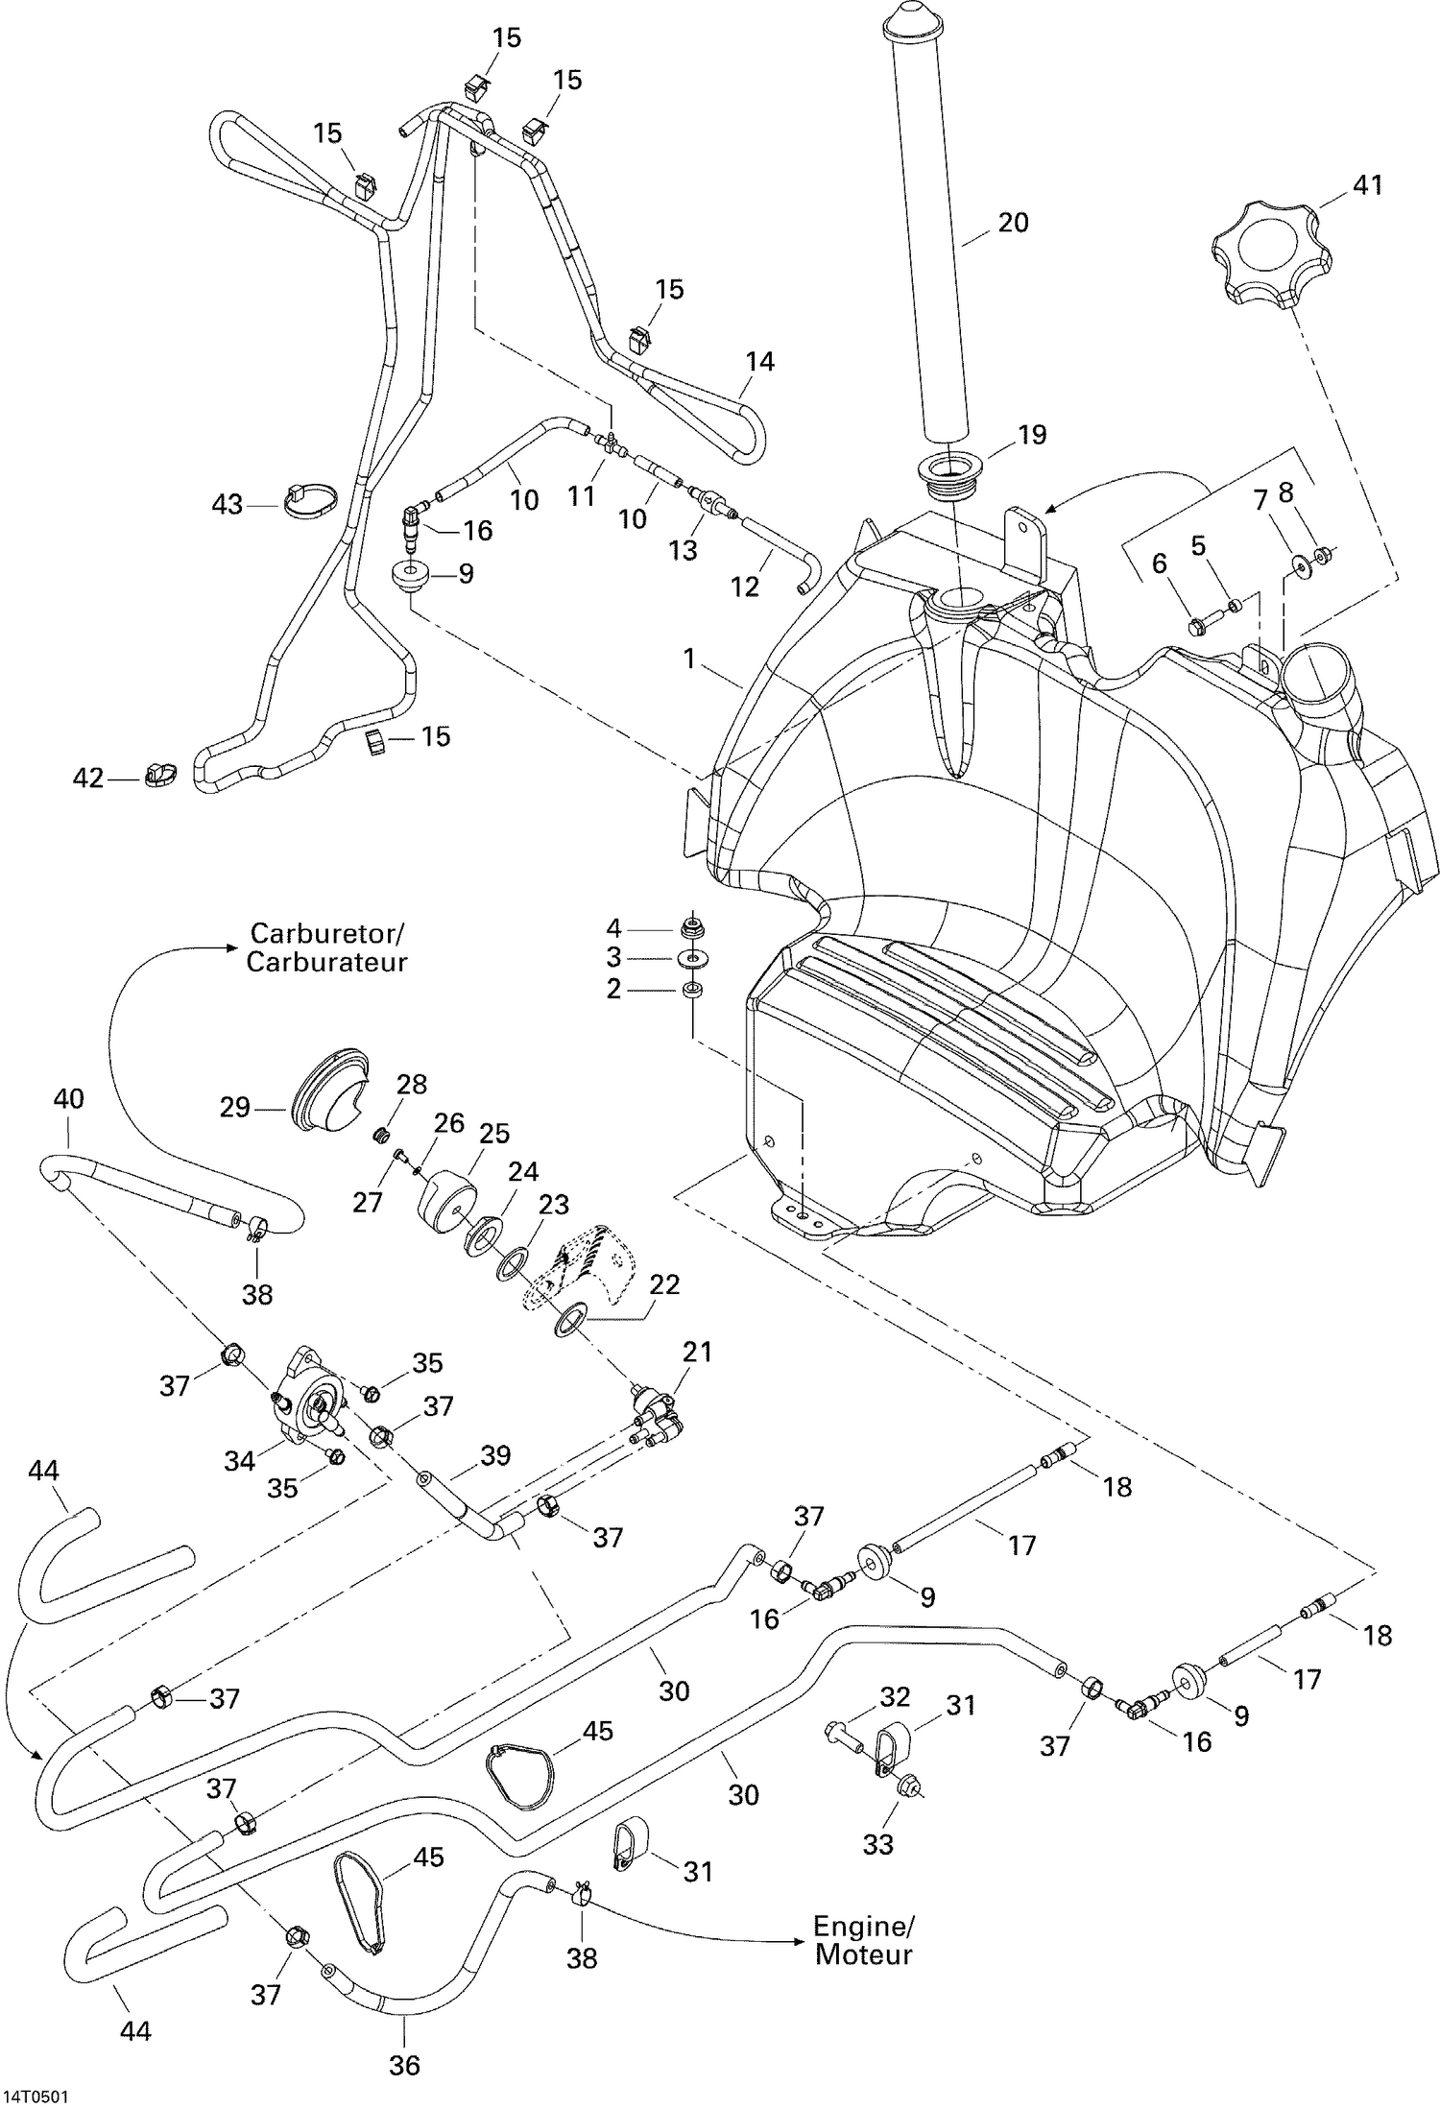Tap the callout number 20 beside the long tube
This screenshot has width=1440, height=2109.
tap(1013, 223)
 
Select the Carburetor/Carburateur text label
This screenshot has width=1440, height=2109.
tap(327, 947)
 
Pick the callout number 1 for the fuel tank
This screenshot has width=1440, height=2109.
tap(688, 659)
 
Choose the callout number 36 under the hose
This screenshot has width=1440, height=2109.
tap(404, 2064)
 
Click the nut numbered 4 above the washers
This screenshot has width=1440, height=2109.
tap(691, 927)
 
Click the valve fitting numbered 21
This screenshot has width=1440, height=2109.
tap(655, 1412)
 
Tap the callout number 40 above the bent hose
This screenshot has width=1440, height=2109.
tap(68, 1098)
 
